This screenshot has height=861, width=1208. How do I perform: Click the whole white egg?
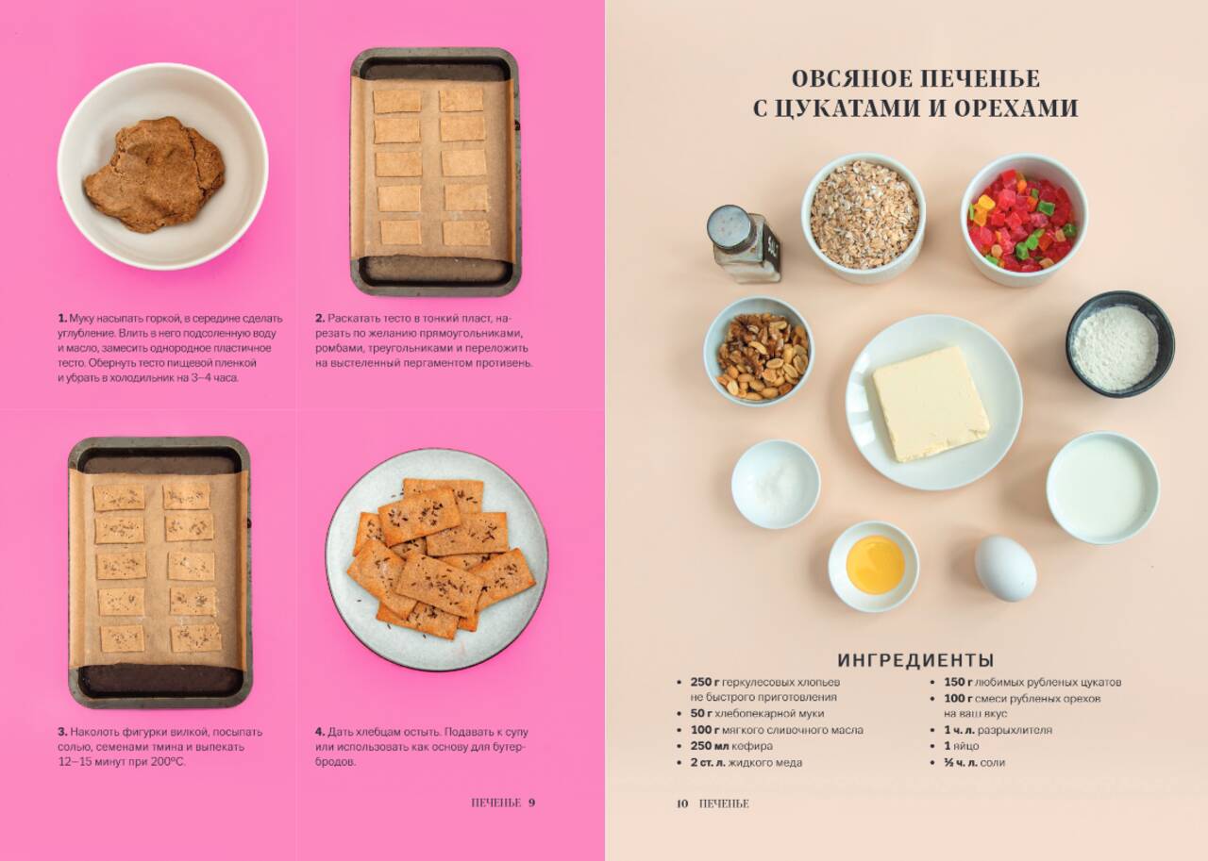click(1005, 568)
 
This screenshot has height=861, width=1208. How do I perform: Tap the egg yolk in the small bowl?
click(875, 565)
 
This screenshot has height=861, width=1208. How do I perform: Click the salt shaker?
click(743, 244)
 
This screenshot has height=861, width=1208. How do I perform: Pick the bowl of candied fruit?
click(1024, 220)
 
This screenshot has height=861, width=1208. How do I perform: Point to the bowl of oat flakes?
click(864, 218)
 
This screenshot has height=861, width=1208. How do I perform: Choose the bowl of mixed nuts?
click(760, 352)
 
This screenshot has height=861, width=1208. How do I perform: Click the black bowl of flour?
click(1120, 345)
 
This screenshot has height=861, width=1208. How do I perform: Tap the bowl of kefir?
click(1102, 488)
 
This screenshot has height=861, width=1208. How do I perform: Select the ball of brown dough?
click(154, 174)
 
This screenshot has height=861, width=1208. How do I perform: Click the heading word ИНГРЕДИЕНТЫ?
click(915, 660)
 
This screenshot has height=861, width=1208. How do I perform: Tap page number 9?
click(531, 803)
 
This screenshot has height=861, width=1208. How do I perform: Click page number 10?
click(682, 803)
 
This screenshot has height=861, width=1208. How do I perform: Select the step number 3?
click(62, 732)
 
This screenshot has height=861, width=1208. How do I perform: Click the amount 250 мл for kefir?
click(708, 746)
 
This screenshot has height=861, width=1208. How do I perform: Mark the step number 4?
click(320, 732)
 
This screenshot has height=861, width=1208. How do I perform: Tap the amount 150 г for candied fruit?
click(958, 682)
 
